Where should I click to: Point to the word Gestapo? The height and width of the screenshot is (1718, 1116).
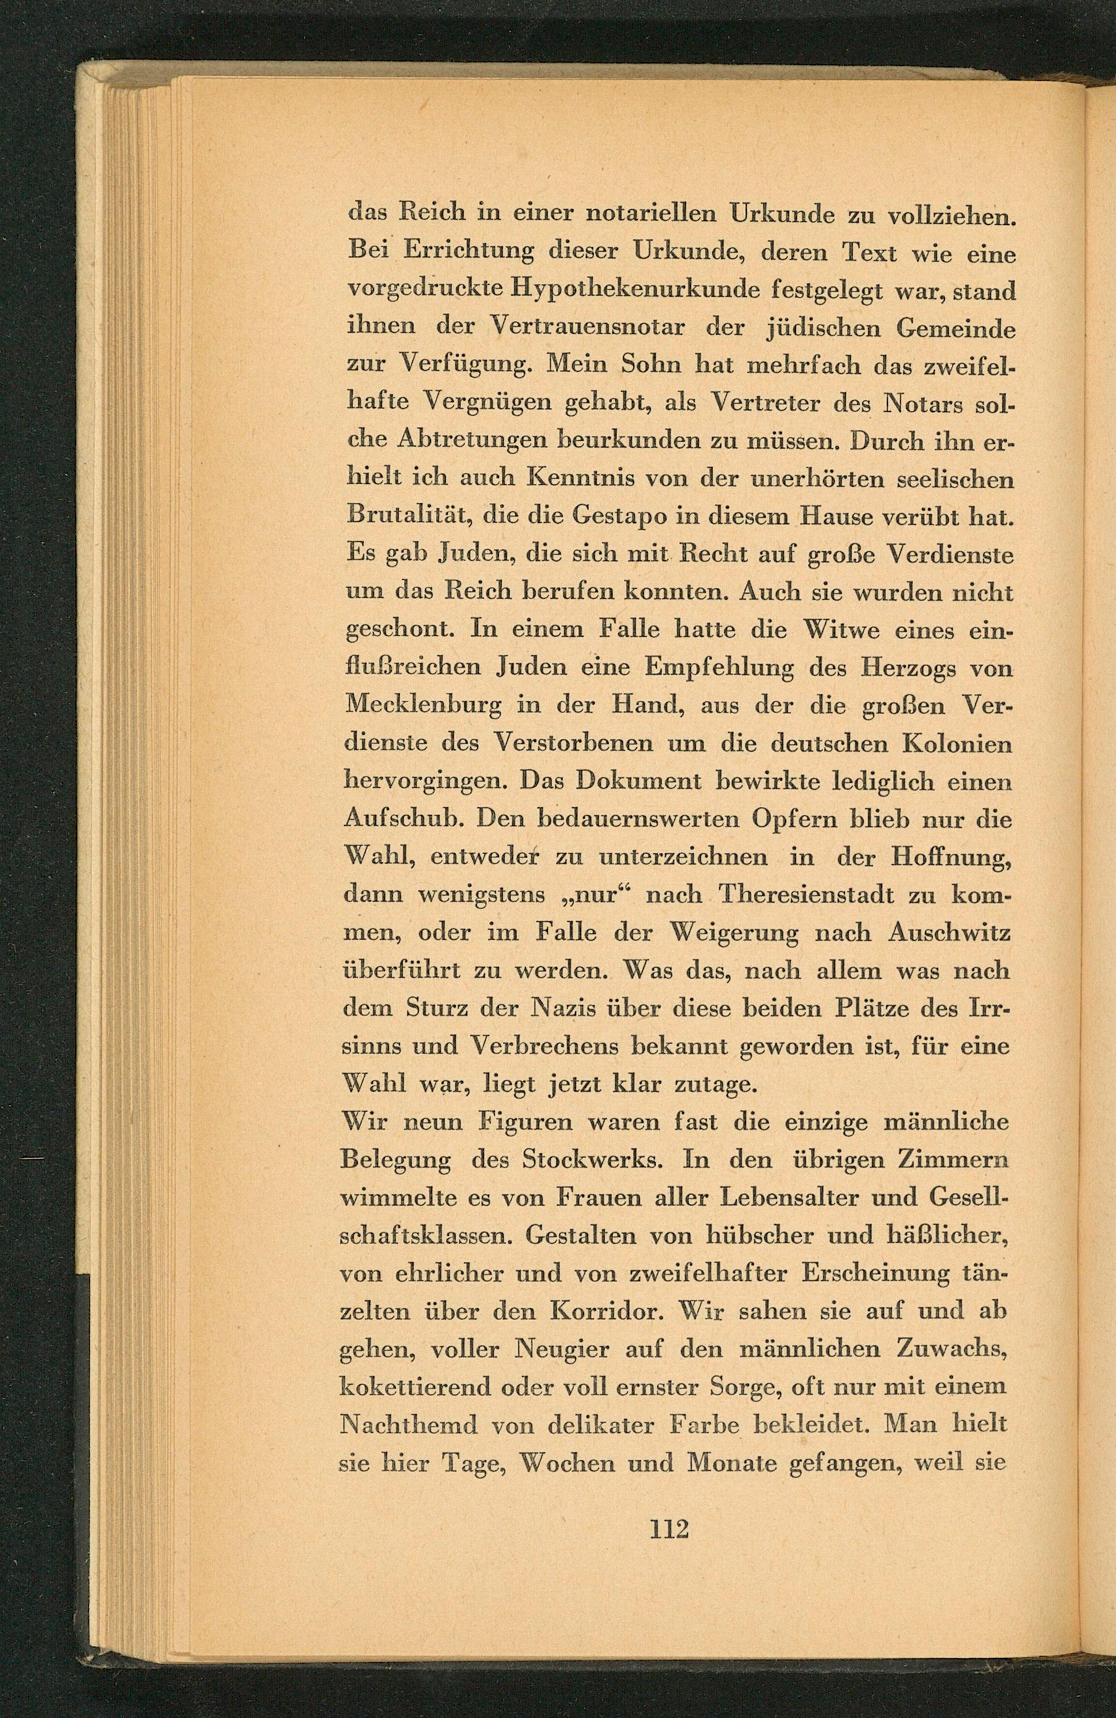coord(626,517)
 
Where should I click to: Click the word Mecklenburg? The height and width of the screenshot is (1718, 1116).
coord(424,705)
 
